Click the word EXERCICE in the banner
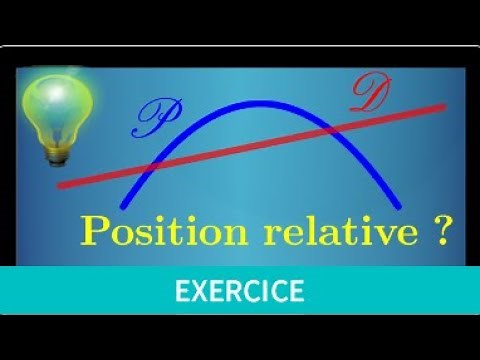(x=239, y=292)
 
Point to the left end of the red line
(x=60, y=184)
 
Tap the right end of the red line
(x=443, y=104)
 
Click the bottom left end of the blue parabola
(x=121, y=206)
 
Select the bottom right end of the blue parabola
(x=401, y=207)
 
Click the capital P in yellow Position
(x=95, y=231)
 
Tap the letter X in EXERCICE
(x=198, y=292)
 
